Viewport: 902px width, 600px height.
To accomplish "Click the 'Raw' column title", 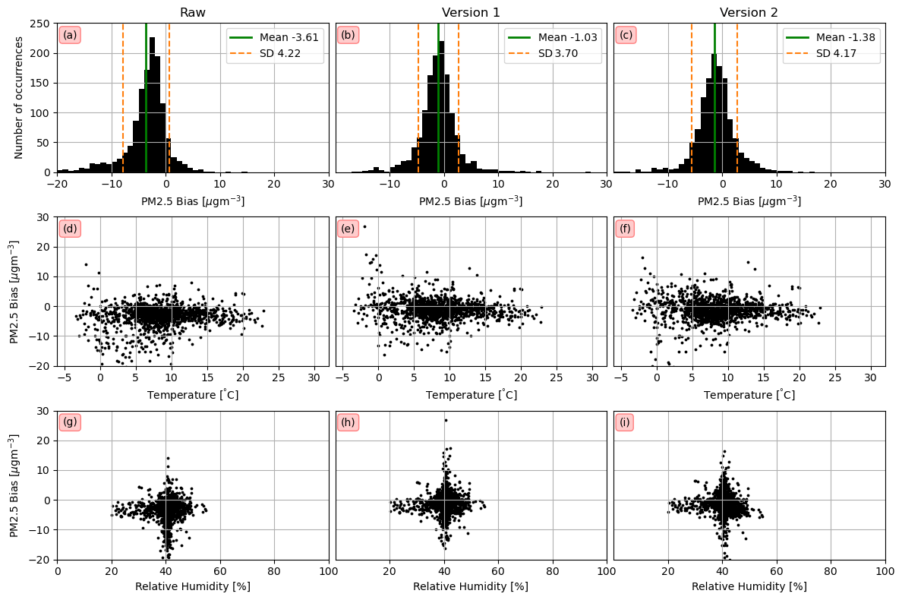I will [x=193, y=12].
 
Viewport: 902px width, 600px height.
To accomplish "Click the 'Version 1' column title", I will [x=471, y=12].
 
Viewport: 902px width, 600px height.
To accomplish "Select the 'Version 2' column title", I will [x=749, y=12].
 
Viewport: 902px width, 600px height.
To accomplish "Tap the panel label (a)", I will [x=70, y=35].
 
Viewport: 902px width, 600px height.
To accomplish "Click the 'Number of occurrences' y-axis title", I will [x=19, y=98].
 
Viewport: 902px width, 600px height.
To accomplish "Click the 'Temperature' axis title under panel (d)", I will [x=193, y=395].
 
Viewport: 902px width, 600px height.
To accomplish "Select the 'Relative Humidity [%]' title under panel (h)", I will [x=471, y=586].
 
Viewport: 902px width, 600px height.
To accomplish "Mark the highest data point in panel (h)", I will [x=446, y=420].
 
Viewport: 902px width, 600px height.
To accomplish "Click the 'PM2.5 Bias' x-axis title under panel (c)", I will [x=749, y=201].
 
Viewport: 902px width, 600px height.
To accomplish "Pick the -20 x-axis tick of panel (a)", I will [x=57, y=185].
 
